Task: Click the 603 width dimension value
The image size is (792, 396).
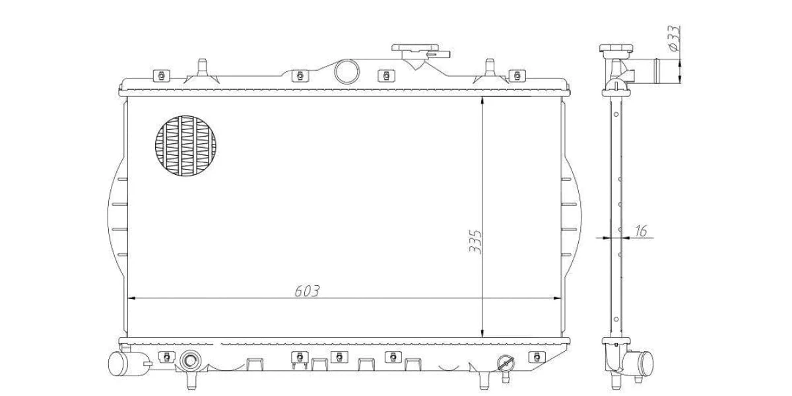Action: point(307,291)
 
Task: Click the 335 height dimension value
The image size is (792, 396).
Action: point(475,242)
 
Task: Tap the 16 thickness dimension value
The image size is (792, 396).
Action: point(641,231)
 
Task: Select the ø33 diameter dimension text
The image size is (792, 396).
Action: point(674,38)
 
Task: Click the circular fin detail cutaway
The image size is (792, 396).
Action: point(185,146)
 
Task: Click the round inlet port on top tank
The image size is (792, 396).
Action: point(347,71)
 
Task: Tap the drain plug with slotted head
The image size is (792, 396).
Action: point(506,364)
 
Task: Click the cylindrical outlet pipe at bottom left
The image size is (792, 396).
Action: point(126,364)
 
